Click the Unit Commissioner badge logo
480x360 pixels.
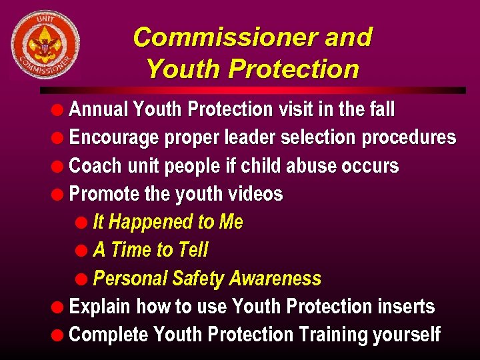click(x=45, y=44)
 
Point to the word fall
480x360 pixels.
click(x=381, y=109)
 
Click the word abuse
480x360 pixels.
click(x=307, y=165)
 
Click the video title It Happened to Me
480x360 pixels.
click(x=168, y=222)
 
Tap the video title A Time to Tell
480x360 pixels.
click(x=151, y=250)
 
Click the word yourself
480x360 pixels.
click(x=407, y=335)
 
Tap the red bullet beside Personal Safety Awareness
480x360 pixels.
click(x=81, y=279)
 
